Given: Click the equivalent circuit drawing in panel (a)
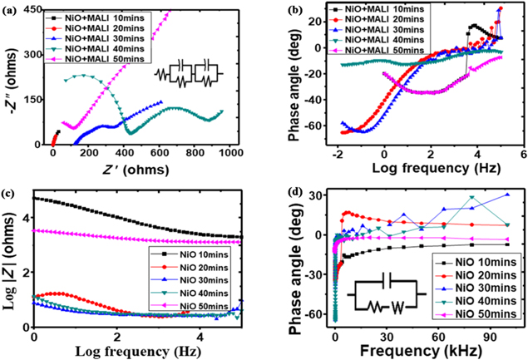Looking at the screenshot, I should pos(190,77).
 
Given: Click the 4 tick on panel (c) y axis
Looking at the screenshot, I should pos(26,219).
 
